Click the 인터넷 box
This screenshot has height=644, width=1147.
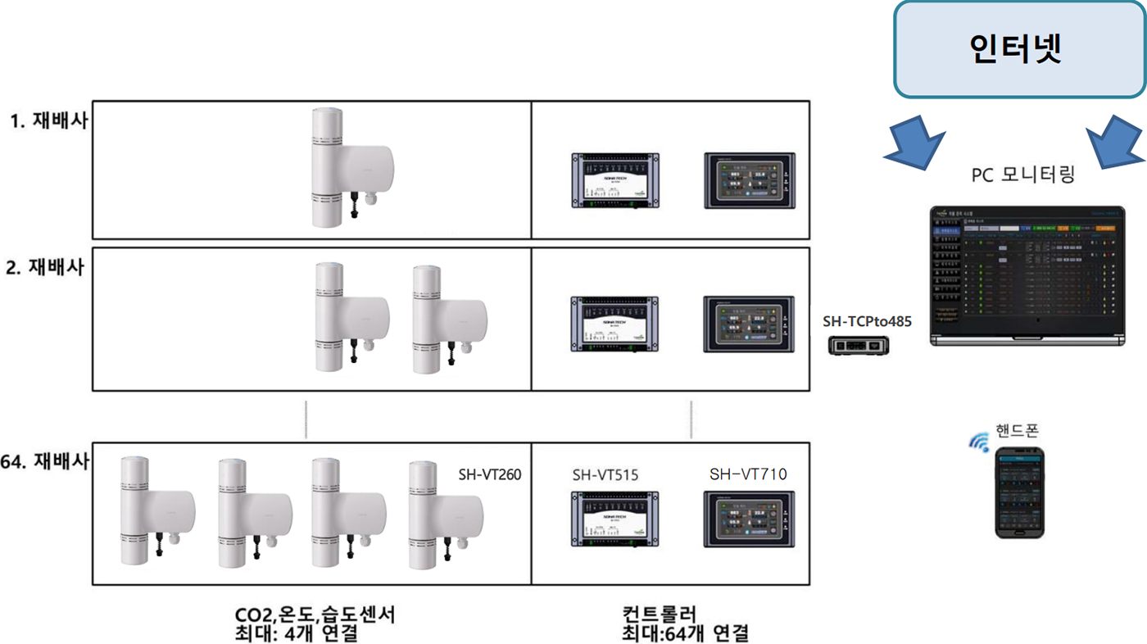[1019, 49]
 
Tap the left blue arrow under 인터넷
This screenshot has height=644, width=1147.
[916, 141]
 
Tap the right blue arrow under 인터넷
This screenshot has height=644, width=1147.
[1118, 141]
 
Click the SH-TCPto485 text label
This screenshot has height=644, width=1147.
[867, 322]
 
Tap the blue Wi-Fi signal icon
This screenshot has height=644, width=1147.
[979, 442]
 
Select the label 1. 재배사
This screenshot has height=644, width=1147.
[48, 121]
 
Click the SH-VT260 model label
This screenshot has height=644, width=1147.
[490, 474]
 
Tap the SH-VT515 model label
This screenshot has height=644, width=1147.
[605, 474]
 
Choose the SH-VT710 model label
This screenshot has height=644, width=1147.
[747, 474]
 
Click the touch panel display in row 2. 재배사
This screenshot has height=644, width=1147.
[749, 324]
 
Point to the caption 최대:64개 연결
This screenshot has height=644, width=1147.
[685, 633]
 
